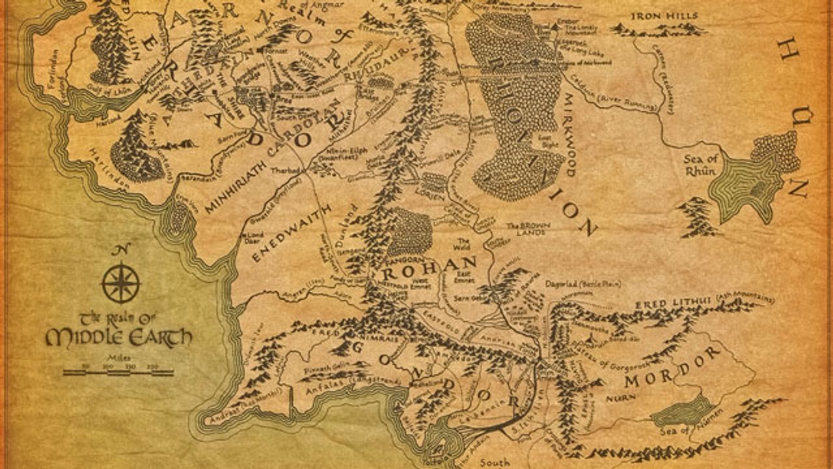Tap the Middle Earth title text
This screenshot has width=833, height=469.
pos(118,330)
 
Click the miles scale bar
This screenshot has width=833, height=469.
pos(118,373)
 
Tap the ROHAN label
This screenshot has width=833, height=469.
pos(430,266)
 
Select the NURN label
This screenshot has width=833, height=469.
pos(611,396)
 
